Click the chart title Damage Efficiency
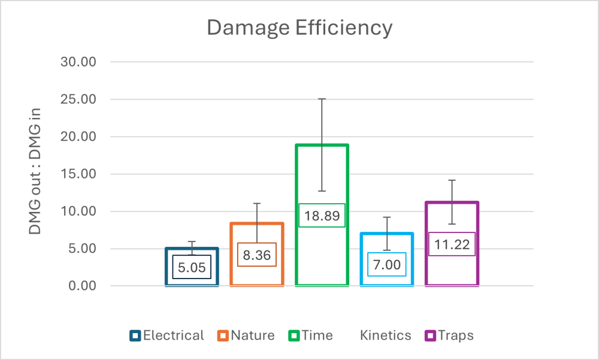[x=299, y=28]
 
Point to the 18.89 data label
[x=322, y=216]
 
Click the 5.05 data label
[x=192, y=267]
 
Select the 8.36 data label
[x=256, y=255]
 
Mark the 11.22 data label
[x=452, y=244]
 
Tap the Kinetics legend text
[x=386, y=335]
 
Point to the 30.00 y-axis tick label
[x=78, y=62]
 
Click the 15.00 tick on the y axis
[x=78, y=174]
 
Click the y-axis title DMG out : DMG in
[x=38, y=174]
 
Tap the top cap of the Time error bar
[x=322, y=99]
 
